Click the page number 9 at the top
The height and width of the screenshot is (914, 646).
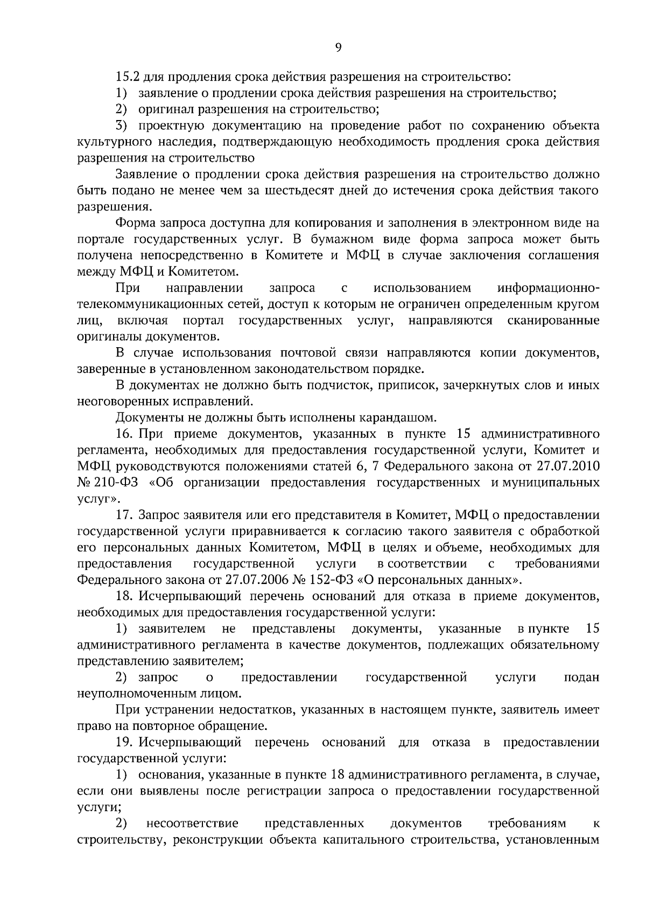pyautogui.click(x=338, y=48)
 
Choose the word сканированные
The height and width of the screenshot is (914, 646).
pyautogui.click(x=553, y=321)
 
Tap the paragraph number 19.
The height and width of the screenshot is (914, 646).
pyautogui.click(x=124, y=743)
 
